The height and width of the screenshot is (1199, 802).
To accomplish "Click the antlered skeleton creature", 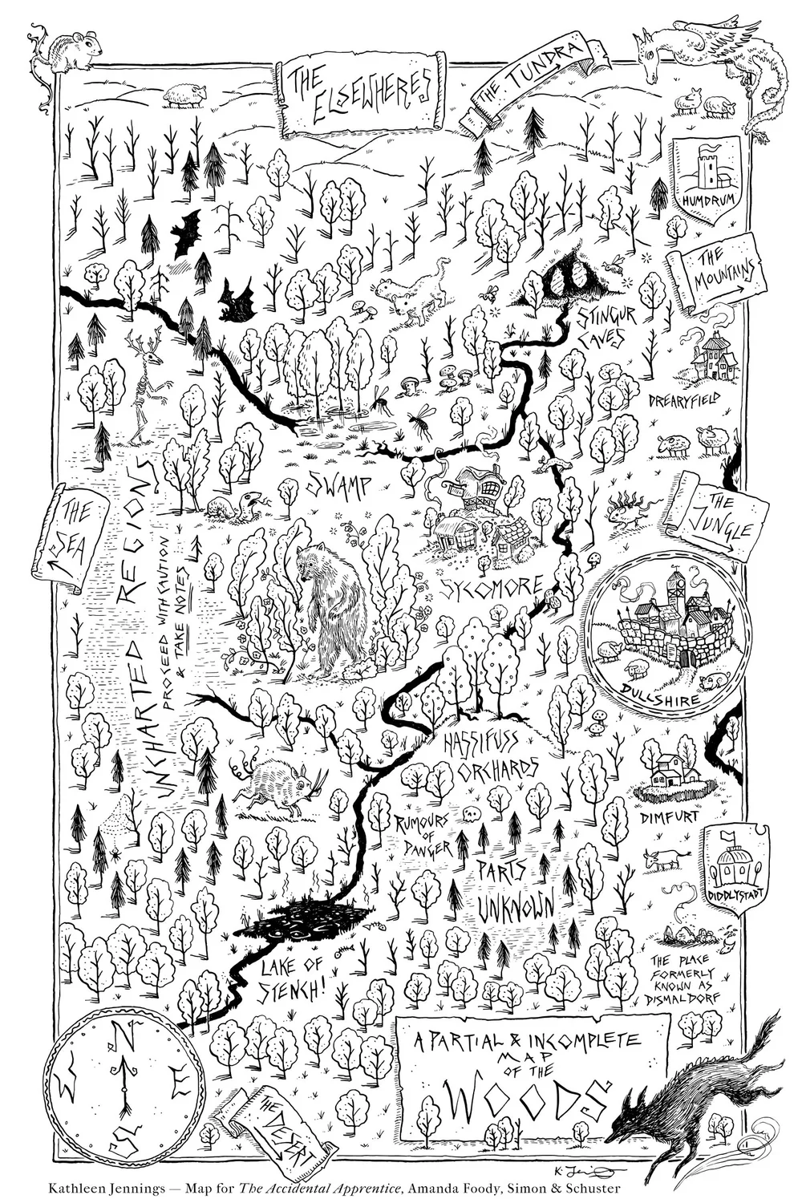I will [x=148, y=384].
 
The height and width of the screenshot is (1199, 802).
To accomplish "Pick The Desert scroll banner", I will [x=281, y=1127].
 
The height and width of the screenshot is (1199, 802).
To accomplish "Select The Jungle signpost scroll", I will [x=719, y=517].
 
